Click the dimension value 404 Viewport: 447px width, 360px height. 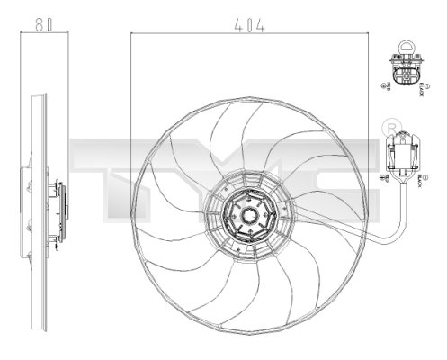(249, 27)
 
